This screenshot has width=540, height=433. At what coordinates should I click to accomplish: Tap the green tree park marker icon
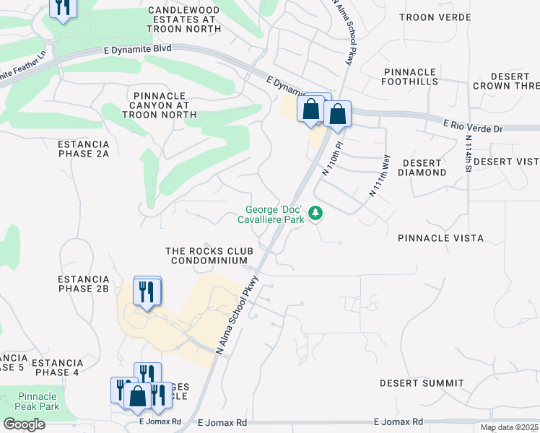pos(315,213)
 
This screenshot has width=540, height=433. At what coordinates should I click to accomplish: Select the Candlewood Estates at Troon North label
pos(183,19)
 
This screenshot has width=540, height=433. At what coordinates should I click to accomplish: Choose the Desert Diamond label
pos(422,167)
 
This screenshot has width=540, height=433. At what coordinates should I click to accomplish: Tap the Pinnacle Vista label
pos(440,237)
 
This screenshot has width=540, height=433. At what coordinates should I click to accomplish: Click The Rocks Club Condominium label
pos(206,255)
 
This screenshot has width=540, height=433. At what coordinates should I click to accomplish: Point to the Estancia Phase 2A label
pos(83,149)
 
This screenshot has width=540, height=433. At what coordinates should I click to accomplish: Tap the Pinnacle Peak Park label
pos(38,402)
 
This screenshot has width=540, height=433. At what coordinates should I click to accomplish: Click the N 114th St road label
pos(468,152)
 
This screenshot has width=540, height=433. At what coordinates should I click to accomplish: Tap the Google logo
pos(23,424)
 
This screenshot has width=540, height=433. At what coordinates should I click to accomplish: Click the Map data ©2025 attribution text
pos(509,427)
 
